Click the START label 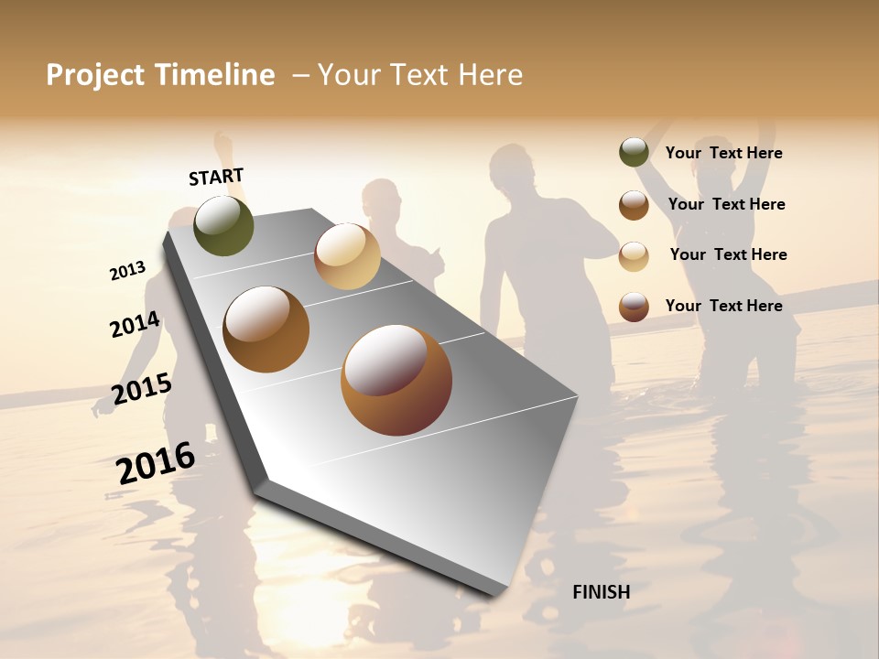(216, 176)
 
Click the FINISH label (601, 592)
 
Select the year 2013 (127, 270)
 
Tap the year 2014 (135, 324)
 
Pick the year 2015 (141, 389)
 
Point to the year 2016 (156, 462)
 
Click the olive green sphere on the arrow (223, 226)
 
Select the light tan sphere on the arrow (347, 256)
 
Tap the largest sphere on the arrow (396, 380)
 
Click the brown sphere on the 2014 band (266, 329)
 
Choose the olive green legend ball (634, 152)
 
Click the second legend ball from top (634, 204)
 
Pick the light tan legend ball (634, 255)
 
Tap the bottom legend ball (634, 306)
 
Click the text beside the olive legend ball (723, 153)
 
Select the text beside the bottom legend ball (723, 306)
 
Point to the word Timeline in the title (216, 75)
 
